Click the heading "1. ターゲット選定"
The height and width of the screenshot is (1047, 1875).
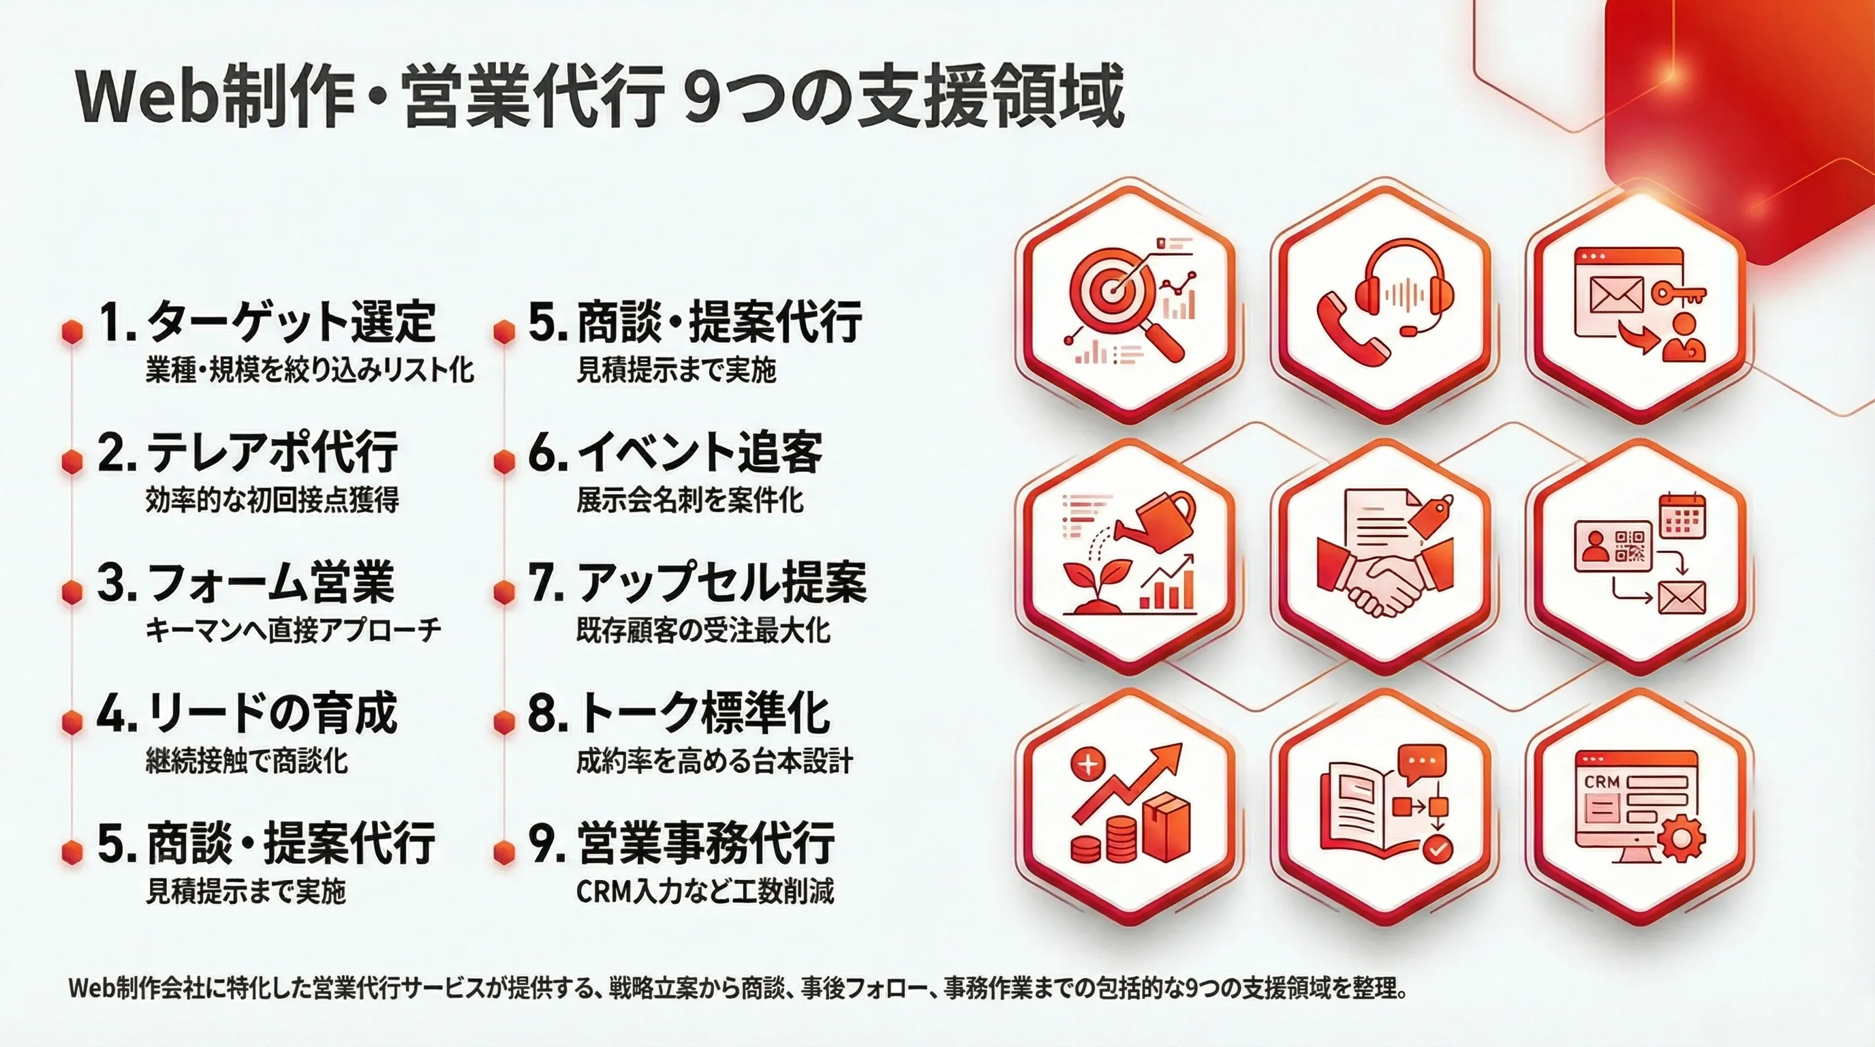[267, 322]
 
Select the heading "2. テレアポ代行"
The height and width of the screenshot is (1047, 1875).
[248, 452]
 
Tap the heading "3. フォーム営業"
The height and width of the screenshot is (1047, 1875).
[246, 583]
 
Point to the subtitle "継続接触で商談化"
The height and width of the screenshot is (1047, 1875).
[247, 761]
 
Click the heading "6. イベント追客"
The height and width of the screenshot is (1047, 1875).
[675, 452]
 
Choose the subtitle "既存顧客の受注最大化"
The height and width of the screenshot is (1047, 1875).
[703, 631]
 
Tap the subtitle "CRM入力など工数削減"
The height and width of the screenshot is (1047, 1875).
[705, 891]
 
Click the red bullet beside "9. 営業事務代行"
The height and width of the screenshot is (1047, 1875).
[503, 852]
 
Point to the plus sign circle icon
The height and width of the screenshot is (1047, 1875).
[1089, 765]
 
